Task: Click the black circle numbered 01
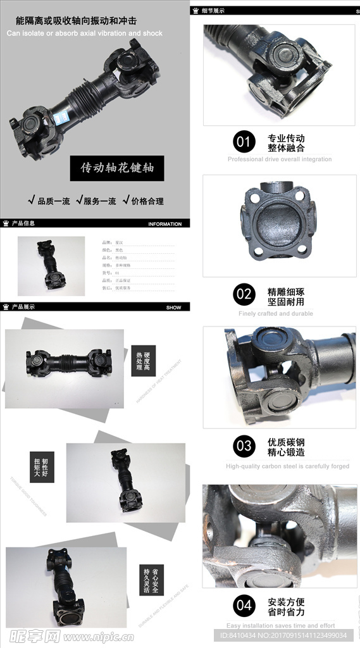244,141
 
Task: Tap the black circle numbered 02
244,294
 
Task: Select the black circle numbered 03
244,446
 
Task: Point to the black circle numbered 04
244,606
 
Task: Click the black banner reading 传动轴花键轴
117,169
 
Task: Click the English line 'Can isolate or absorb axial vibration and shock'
85,33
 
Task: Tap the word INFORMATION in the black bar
164,224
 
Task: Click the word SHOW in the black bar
173,308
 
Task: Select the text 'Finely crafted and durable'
275,313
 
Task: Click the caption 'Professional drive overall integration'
279,159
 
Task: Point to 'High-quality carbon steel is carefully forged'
287,466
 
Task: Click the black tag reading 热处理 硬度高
144,361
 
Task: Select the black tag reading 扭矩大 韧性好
42,466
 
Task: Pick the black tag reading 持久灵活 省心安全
151,580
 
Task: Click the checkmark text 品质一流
49,201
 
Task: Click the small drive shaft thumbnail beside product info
51,266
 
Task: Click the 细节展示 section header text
213,11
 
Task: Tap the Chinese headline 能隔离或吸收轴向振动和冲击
71,22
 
